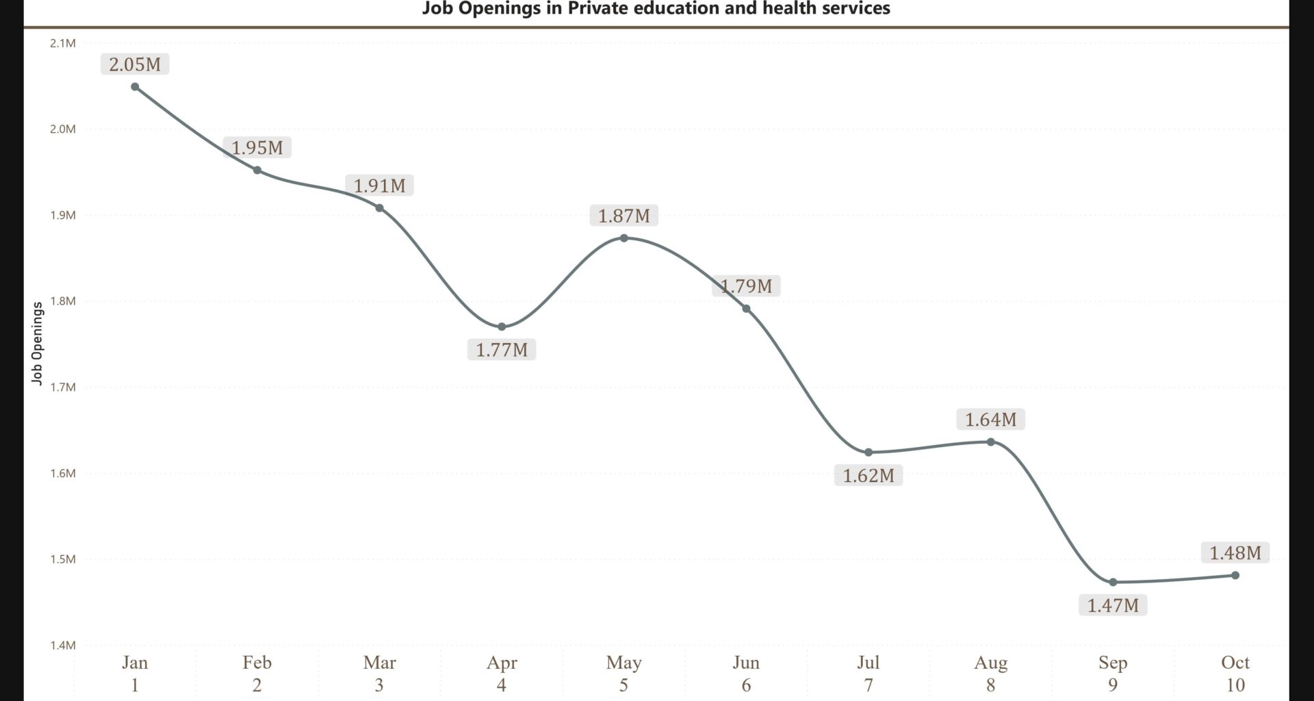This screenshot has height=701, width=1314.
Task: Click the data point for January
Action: click(x=135, y=87)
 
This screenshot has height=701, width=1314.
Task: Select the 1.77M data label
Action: click(x=502, y=350)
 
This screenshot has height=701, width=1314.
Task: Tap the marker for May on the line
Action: click(x=624, y=238)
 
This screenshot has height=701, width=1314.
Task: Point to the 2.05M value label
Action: click(x=135, y=64)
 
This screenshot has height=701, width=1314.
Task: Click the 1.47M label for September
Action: click(x=1113, y=605)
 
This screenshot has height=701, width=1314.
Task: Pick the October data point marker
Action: click(x=1235, y=576)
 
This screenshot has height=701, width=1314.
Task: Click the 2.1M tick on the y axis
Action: click(x=63, y=43)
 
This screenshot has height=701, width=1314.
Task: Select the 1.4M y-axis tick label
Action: click(x=63, y=645)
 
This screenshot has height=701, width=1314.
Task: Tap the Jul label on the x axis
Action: click(x=868, y=663)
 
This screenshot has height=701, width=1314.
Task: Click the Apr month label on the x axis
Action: click(x=502, y=663)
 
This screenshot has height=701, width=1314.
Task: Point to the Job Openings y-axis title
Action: click(x=38, y=344)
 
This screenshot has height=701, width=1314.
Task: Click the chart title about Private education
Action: click(x=656, y=9)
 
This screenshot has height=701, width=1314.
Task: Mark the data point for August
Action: click(x=991, y=442)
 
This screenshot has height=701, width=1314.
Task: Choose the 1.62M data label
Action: click(x=868, y=475)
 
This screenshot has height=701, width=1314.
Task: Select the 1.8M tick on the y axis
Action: click(x=63, y=301)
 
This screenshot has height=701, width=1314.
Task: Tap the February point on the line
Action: click(x=257, y=170)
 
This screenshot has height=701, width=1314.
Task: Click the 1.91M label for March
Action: click(x=379, y=186)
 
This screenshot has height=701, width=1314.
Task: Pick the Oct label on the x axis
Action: click(x=1235, y=663)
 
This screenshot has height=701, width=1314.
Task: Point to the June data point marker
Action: click(x=746, y=309)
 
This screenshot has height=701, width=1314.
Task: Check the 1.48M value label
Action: click(x=1235, y=552)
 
